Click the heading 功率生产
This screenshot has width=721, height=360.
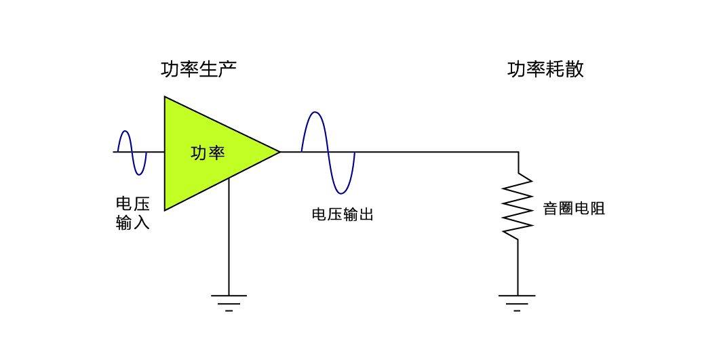pyautogui.click(x=199, y=69)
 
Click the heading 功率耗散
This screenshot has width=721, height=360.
pyautogui.click(x=545, y=69)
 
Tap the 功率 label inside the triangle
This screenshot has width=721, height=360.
pyautogui.click(x=208, y=153)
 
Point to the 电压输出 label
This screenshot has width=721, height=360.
pyautogui.click(x=343, y=215)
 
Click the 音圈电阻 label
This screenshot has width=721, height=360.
pyautogui.click(x=574, y=209)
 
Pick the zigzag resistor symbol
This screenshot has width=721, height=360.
pyautogui.click(x=518, y=206)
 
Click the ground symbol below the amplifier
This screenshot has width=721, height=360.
pyautogui.click(x=229, y=301)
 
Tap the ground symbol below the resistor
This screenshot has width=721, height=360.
pyautogui.click(x=517, y=301)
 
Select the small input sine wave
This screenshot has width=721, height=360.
pyautogui.click(x=132, y=153)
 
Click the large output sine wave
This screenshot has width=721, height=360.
pyautogui.click(x=328, y=153)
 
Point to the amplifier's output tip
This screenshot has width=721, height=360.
pyautogui.click(x=279, y=152)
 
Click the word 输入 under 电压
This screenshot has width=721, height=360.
pyautogui.click(x=133, y=223)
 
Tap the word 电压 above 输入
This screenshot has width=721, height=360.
pyautogui.click(x=133, y=204)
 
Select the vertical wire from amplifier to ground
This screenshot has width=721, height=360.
pyautogui.click(x=229, y=237)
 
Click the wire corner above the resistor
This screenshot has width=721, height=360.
pyautogui.click(x=518, y=153)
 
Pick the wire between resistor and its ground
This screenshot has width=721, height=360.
pyautogui.click(x=518, y=268)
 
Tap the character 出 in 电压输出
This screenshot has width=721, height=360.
pyautogui.click(x=366, y=215)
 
